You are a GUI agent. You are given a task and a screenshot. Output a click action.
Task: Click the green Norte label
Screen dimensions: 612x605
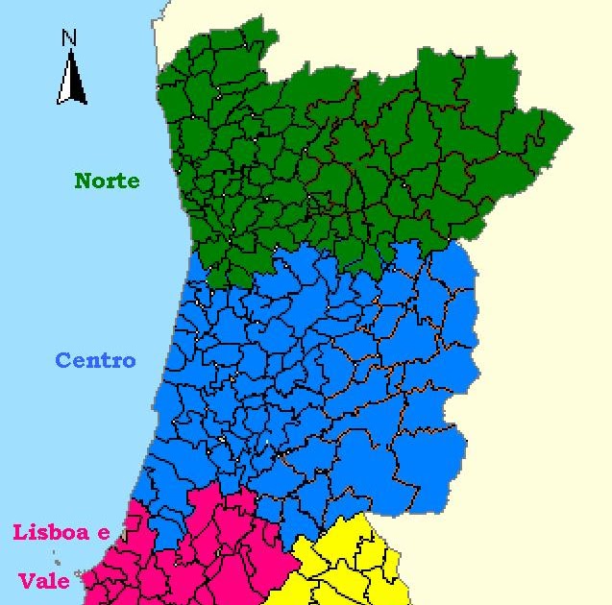point(107,181)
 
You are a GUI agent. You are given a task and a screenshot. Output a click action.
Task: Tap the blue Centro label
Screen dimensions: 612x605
point(95,361)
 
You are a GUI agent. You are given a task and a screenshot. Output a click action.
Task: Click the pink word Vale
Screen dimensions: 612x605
point(43,581)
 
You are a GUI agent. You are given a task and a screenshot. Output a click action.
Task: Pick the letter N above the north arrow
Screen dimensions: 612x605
point(68,38)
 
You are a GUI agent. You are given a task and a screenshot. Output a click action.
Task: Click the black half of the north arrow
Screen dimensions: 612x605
point(76,81)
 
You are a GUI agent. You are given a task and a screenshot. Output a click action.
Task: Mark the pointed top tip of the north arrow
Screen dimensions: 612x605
point(70,52)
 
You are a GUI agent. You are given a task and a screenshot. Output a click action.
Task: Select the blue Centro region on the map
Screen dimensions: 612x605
point(317,384)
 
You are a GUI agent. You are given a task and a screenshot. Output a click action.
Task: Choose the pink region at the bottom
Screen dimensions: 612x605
point(211,557)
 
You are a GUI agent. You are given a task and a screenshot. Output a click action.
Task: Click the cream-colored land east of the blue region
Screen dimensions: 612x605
point(538,384)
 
